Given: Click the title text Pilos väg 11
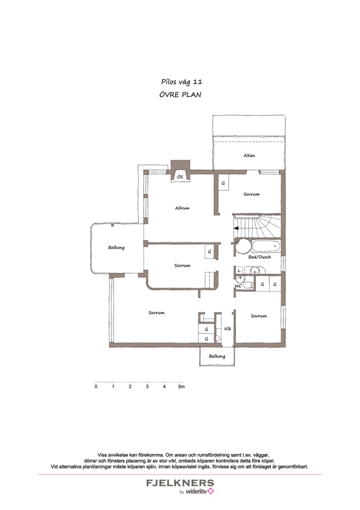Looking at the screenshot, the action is point(182,82).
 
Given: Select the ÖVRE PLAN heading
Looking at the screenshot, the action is point(180,94).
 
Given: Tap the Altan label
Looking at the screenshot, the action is point(249,155).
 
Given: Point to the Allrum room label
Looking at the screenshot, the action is point(182,208).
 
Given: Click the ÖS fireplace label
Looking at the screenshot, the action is point(180,177).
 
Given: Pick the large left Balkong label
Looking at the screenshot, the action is point(117,248).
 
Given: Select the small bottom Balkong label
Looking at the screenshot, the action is point(217,357).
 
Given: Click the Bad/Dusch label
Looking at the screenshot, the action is point(260,257).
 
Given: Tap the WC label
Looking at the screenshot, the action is point(238,286).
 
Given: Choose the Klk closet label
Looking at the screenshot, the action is point(228,329).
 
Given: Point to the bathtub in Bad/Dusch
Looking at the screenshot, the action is point(267,246).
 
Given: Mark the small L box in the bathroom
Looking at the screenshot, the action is point(239,270).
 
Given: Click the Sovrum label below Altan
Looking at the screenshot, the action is point(251,195).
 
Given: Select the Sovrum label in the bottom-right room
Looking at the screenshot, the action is point(259,316).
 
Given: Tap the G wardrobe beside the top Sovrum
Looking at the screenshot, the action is point(223,183).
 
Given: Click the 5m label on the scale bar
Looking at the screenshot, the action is point(181,387).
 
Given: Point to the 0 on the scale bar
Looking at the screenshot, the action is point(96,387).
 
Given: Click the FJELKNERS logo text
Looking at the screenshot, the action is point(180,483).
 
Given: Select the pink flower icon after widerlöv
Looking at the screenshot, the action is point(211,491).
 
